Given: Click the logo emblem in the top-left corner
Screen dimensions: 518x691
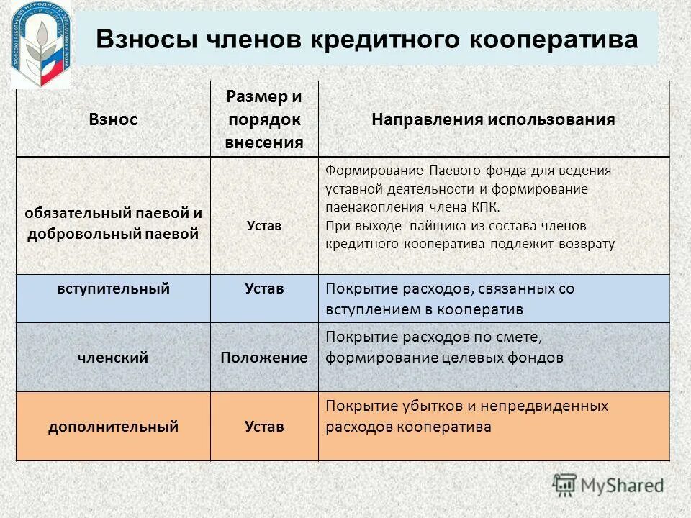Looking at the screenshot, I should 41,44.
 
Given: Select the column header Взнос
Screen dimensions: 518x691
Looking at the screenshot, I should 113,119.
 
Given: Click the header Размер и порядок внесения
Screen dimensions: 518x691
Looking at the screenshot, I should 264,119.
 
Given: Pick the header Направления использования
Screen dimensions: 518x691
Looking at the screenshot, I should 493,119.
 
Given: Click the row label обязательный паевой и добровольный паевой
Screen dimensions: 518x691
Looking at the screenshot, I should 113,224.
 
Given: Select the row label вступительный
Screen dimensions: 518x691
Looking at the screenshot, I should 113,289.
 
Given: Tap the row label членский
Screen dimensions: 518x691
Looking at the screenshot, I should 113,357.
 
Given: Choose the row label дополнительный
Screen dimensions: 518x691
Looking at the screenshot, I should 113,427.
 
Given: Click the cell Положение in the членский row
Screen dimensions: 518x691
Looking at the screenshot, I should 264,358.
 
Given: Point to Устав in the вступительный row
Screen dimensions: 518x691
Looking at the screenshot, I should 264,289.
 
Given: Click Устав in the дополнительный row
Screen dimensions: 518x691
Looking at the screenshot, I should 264,427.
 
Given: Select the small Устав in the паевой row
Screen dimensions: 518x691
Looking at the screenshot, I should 264,225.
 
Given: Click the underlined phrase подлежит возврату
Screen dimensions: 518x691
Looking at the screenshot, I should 552,244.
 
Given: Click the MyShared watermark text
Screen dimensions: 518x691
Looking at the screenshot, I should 623,485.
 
